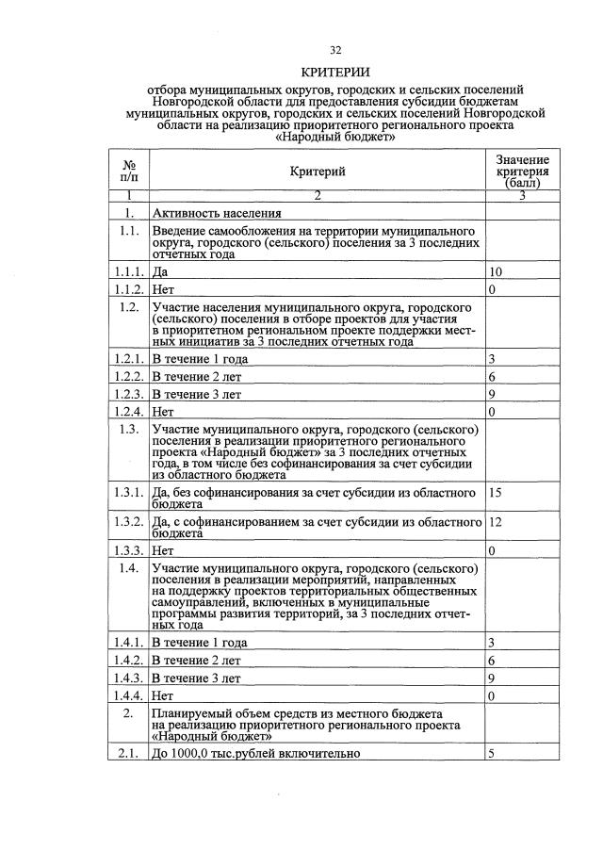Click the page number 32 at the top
coord(335,50)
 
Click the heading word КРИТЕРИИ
coord(335,73)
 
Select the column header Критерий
coord(318,171)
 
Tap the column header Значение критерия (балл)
coord(523,171)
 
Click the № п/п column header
coord(129,171)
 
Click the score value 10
coord(496,272)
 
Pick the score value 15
coord(496,493)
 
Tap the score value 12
coord(496,521)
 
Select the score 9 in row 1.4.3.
coord(492,678)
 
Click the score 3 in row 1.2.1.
coord(492,360)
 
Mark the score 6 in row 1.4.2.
coord(492,661)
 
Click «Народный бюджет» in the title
coord(334,136)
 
